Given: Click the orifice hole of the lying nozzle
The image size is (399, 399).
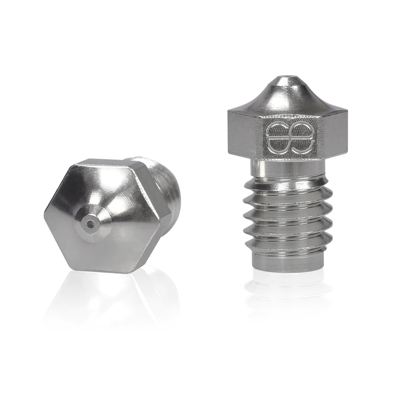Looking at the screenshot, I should pos(90,224).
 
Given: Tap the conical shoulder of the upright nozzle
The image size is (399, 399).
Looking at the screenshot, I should pos(286,100).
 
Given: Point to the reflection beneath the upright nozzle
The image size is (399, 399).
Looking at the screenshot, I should pos(288,295).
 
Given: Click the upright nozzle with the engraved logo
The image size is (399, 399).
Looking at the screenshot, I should pos(288,173).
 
